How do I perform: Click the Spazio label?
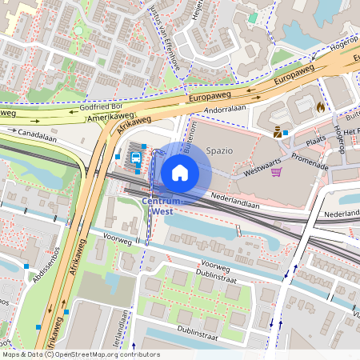coord(219,150)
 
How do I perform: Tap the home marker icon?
coord(180,172)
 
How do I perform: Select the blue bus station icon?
coord(137,158)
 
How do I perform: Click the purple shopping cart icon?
coord(277,171)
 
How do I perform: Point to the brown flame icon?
coord(321,106)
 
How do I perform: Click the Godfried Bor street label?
coord(101,106)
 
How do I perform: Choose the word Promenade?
coord(310,160)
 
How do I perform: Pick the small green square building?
coord(253,17)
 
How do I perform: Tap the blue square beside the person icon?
coord(286,133)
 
